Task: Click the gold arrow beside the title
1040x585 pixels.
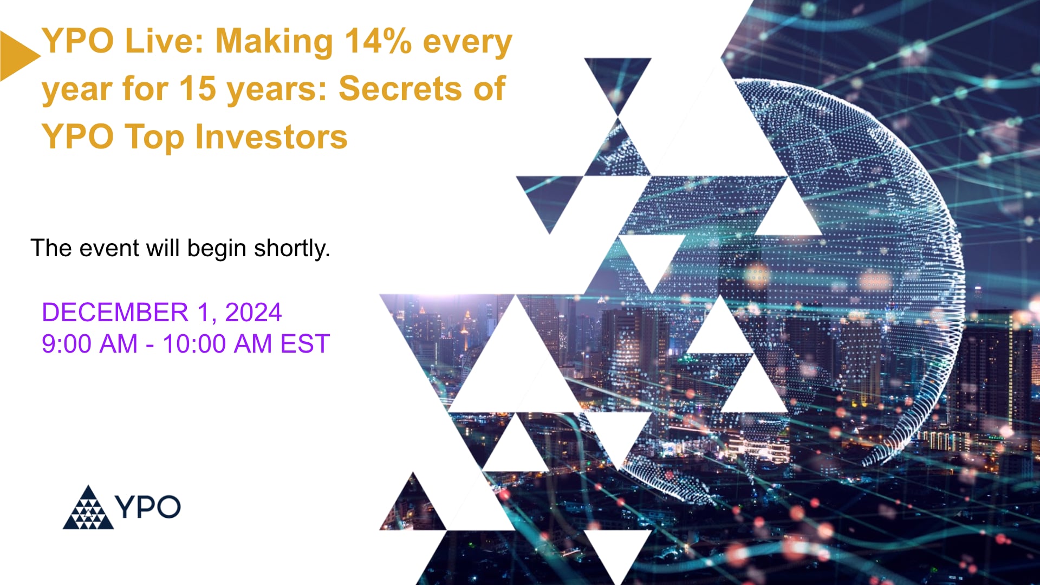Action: [16, 56]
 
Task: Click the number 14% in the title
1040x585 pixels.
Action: [378, 41]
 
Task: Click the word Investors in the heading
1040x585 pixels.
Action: [271, 136]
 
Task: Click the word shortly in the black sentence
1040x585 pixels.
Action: [291, 249]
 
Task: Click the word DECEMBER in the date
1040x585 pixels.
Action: [115, 313]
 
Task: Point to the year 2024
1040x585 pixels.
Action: [253, 313]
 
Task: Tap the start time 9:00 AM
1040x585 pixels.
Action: [89, 344]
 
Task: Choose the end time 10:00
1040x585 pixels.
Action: [194, 344]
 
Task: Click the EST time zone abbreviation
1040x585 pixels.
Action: [305, 344]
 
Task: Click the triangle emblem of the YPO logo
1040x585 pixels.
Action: [88, 509]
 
